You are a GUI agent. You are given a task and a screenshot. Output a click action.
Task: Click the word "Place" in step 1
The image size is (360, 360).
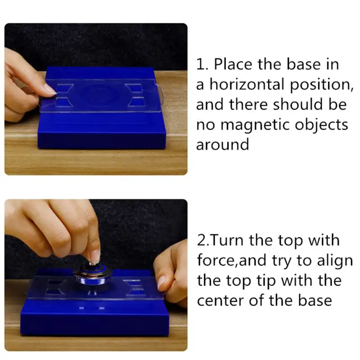point(234,64)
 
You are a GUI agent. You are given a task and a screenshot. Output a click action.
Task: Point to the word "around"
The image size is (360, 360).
point(222,144)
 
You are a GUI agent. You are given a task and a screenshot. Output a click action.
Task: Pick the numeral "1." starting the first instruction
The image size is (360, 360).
point(202,64)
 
